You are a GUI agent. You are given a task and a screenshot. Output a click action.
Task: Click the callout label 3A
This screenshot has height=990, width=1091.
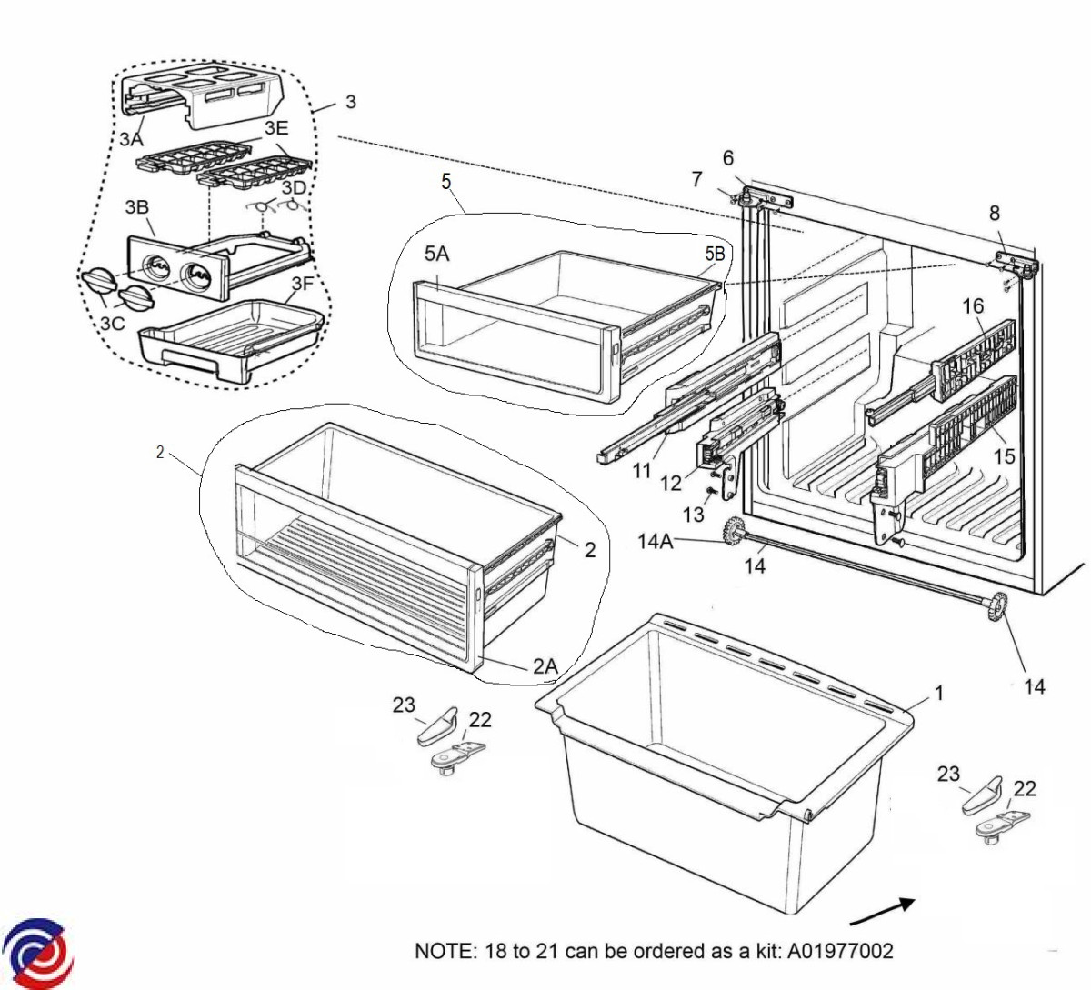[x=131, y=139]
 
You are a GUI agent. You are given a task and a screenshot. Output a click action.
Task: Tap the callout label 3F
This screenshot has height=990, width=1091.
[x=302, y=284]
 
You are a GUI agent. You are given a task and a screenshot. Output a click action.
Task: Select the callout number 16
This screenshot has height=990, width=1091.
[x=973, y=305]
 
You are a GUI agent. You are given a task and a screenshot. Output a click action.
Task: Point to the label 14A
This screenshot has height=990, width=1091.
[x=655, y=543]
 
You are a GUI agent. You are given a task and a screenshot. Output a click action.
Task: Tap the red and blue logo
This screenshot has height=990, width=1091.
[x=37, y=955]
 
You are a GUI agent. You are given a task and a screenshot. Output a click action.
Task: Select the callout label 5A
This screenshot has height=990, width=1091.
[x=436, y=254]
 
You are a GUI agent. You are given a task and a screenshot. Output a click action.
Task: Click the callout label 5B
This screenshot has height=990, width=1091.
[x=715, y=255]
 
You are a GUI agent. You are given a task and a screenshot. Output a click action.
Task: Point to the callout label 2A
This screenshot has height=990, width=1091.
[x=545, y=666]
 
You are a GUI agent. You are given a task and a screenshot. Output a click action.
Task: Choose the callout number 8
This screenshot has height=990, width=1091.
[x=994, y=213]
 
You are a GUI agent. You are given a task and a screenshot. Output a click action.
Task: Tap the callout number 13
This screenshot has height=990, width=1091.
[x=693, y=515]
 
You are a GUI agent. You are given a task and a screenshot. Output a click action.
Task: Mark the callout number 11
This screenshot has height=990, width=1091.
[x=642, y=471]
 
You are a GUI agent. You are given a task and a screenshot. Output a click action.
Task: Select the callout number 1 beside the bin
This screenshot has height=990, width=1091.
[x=938, y=693]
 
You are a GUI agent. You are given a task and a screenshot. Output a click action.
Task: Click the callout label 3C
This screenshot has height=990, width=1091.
[x=113, y=323]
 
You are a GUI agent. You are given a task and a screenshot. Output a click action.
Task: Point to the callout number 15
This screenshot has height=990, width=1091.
[x=1004, y=455]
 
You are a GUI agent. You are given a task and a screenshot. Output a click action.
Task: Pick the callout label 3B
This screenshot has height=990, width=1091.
[x=136, y=207]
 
